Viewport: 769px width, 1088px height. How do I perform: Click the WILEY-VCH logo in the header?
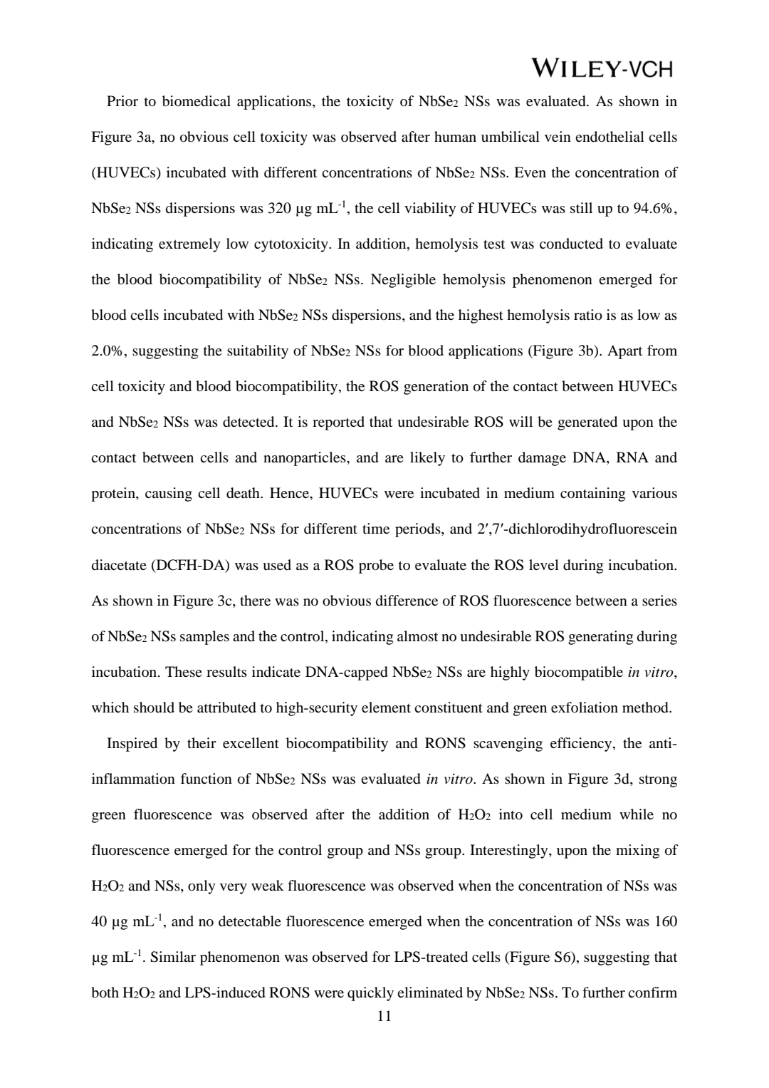point(602,68)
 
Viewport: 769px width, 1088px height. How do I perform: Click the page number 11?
point(384,1017)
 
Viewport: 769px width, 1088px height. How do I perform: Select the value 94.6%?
point(654,208)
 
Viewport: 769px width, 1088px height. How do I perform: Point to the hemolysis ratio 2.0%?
point(106,351)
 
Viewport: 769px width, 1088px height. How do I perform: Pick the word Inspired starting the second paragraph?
point(132,743)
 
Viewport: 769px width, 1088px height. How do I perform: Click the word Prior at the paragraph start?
point(122,101)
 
